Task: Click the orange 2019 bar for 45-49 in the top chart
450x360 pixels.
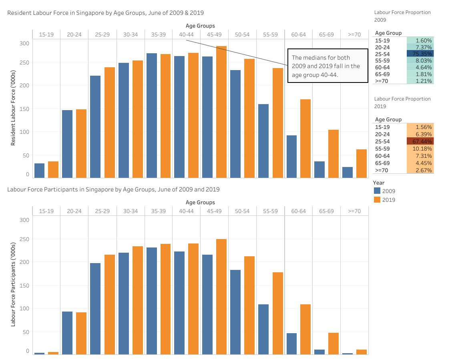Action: (x=221, y=112)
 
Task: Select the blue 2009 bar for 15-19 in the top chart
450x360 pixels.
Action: (x=39, y=171)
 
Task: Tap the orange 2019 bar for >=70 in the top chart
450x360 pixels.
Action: (x=362, y=163)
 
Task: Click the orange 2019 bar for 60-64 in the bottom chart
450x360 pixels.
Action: (x=305, y=329)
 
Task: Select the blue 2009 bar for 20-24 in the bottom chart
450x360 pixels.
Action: (x=67, y=333)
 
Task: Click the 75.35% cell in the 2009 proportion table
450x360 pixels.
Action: (x=420, y=54)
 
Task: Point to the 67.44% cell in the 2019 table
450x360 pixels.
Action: (x=420, y=141)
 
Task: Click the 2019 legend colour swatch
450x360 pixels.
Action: (x=377, y=199)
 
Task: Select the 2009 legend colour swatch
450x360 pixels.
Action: (x=377, y=191)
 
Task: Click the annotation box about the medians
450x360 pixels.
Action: (x=327, y=66)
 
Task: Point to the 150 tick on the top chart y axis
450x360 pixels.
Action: (x=24, y=109)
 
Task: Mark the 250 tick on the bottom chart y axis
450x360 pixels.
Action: (x=24, y=239)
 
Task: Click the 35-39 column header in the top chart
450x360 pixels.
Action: (x=159, y=34)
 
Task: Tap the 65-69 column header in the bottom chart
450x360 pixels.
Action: (x=326, y=211)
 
